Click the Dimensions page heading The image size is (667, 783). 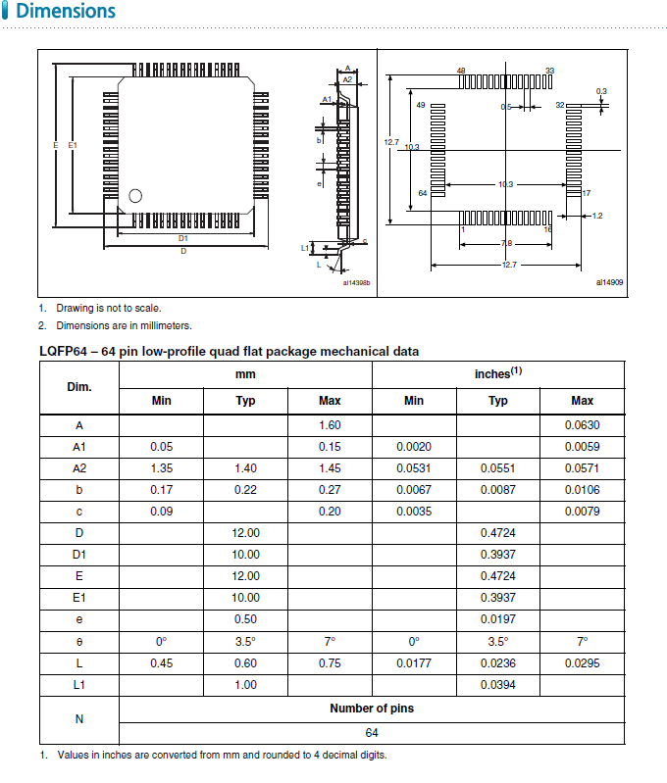66,13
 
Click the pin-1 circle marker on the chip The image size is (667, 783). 135,195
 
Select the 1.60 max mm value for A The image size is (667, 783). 330,425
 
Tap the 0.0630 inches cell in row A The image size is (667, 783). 582,425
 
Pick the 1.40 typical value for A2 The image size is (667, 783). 246,468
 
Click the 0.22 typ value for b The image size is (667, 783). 246,490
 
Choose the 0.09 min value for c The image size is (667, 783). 162,512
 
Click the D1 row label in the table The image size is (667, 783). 78,555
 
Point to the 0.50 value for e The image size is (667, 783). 246,619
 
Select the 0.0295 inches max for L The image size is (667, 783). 582,663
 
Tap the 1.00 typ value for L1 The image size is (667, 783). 246,685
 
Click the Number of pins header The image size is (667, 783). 372,709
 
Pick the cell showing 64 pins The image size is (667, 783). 372,733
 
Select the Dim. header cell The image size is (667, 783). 78,387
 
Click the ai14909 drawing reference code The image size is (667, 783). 609,283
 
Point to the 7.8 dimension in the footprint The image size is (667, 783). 506,243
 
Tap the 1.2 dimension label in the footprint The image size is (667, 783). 597,216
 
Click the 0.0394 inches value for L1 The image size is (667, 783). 498,685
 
